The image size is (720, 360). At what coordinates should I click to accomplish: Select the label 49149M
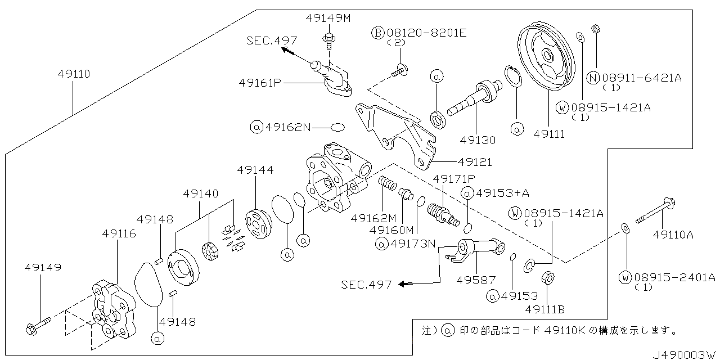point(328,18)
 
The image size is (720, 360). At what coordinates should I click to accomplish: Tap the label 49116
point(119,233)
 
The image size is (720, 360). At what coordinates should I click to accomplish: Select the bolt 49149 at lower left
point(38,325)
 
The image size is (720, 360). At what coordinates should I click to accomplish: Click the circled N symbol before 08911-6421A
point(593,78)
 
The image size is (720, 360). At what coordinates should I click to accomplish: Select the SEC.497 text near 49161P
point(272,40)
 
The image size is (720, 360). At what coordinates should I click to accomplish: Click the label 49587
point(475,279)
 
